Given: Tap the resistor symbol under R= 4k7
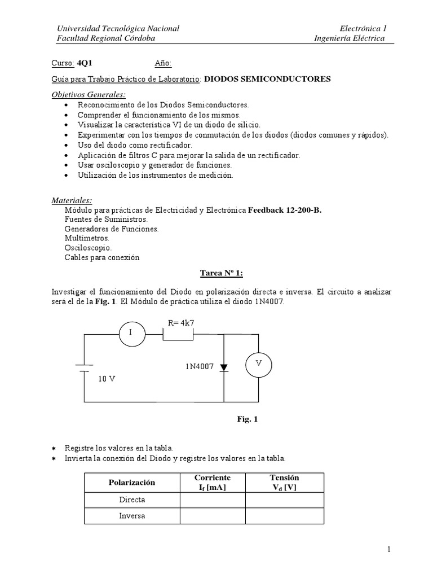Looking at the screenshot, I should pos(178,335).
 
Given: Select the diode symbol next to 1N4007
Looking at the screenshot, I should pos(224,367).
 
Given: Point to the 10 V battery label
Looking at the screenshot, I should pos(107,379).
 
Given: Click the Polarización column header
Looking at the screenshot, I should pos(131,483).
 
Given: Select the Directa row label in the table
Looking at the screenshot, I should pos(132,500).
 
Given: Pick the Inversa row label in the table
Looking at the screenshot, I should pos(132,516).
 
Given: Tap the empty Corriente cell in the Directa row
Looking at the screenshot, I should pos(212,500).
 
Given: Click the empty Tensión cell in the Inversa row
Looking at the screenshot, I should pos(285,516).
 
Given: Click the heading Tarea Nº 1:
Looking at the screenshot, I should pos(222,273).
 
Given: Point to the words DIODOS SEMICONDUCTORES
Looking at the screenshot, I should pos(267,79).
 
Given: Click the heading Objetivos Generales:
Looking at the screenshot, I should pos(89,94).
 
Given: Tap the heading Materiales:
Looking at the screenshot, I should pos(72,200).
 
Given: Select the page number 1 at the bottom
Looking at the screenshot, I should pos(389,549).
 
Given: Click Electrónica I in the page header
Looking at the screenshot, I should pos(363,28).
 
